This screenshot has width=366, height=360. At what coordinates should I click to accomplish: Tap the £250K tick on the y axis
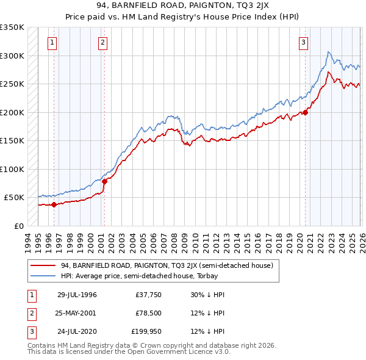(12, 84)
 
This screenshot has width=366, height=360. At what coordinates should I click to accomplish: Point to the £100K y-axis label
(12, 169)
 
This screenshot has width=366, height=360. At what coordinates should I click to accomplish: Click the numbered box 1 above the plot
(52, 43)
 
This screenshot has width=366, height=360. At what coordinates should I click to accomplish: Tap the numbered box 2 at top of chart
(102, 43)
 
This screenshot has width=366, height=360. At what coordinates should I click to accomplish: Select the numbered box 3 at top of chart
(303, 43)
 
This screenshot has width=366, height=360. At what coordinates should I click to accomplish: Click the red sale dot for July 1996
(54, 204)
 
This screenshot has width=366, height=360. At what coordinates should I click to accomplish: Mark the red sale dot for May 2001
(104, 181)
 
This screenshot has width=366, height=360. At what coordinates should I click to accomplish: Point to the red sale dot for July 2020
(306, 112)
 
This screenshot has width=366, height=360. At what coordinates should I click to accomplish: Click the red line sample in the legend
(43, 265)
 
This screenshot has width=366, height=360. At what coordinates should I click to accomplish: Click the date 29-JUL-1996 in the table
(77, 295)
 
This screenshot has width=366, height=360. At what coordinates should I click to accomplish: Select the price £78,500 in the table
(148, 313)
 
